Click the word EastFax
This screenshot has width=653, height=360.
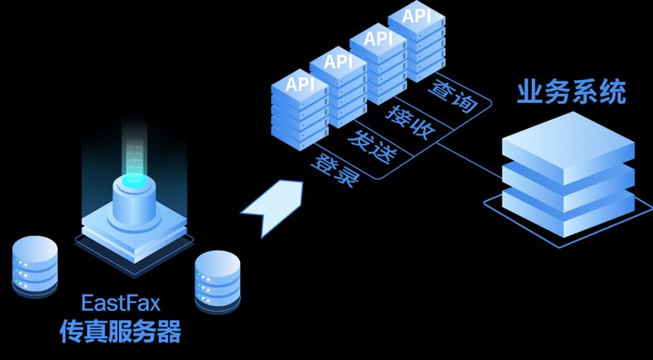pyautogui.click(x=120, y=303)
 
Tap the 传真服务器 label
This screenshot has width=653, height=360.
pyautogui.click(x=120, y=331)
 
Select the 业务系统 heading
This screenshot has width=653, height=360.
pyautogui.click(x=571, y=91)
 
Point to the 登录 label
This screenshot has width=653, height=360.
pyautogui.click(x=335, y=171)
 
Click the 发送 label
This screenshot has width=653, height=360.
pyautogui.click(x=372, y=147)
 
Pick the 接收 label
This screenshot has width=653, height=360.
pyautogui.click(x=411, y=122)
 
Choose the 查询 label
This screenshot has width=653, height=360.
pyautogui.click(x=452, y=96)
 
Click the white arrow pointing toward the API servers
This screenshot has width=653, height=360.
pyautogui.click(x=273, y=207)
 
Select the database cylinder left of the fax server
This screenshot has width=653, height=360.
pyautogui.click(x=34, y=267)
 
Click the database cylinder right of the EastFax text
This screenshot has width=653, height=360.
pyautogui.click(x=217, y=282)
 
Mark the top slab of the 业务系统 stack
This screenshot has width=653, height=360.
pyautogui.click(x=568, y=148)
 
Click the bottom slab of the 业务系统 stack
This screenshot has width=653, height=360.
pyautogui.click(x=568, y=212)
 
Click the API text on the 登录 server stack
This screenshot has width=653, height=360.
pyautogui.click(x=300, y=85)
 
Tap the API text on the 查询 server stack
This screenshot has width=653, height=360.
pyautogui.click(x=416, y=16)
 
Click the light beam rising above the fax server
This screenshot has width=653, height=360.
pyautogui.click(x=134, y=150)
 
